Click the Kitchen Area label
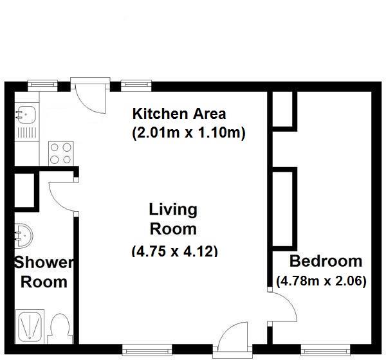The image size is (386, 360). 179,114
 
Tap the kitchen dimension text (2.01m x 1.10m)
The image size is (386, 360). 188,133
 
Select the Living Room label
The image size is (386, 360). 173,219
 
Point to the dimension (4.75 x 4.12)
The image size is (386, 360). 175,251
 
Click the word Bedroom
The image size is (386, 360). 326,261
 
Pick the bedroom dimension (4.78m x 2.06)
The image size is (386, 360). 321,281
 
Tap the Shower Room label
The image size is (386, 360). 44,272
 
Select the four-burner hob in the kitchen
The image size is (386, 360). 61,153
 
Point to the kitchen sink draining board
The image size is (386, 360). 27,132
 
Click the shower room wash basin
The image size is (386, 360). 24,235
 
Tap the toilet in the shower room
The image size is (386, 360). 60,328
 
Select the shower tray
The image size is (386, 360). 30,327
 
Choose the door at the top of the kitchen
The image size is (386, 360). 90,96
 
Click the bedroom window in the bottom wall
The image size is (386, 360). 326,350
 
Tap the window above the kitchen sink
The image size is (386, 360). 42,85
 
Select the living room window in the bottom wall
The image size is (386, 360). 147,350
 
